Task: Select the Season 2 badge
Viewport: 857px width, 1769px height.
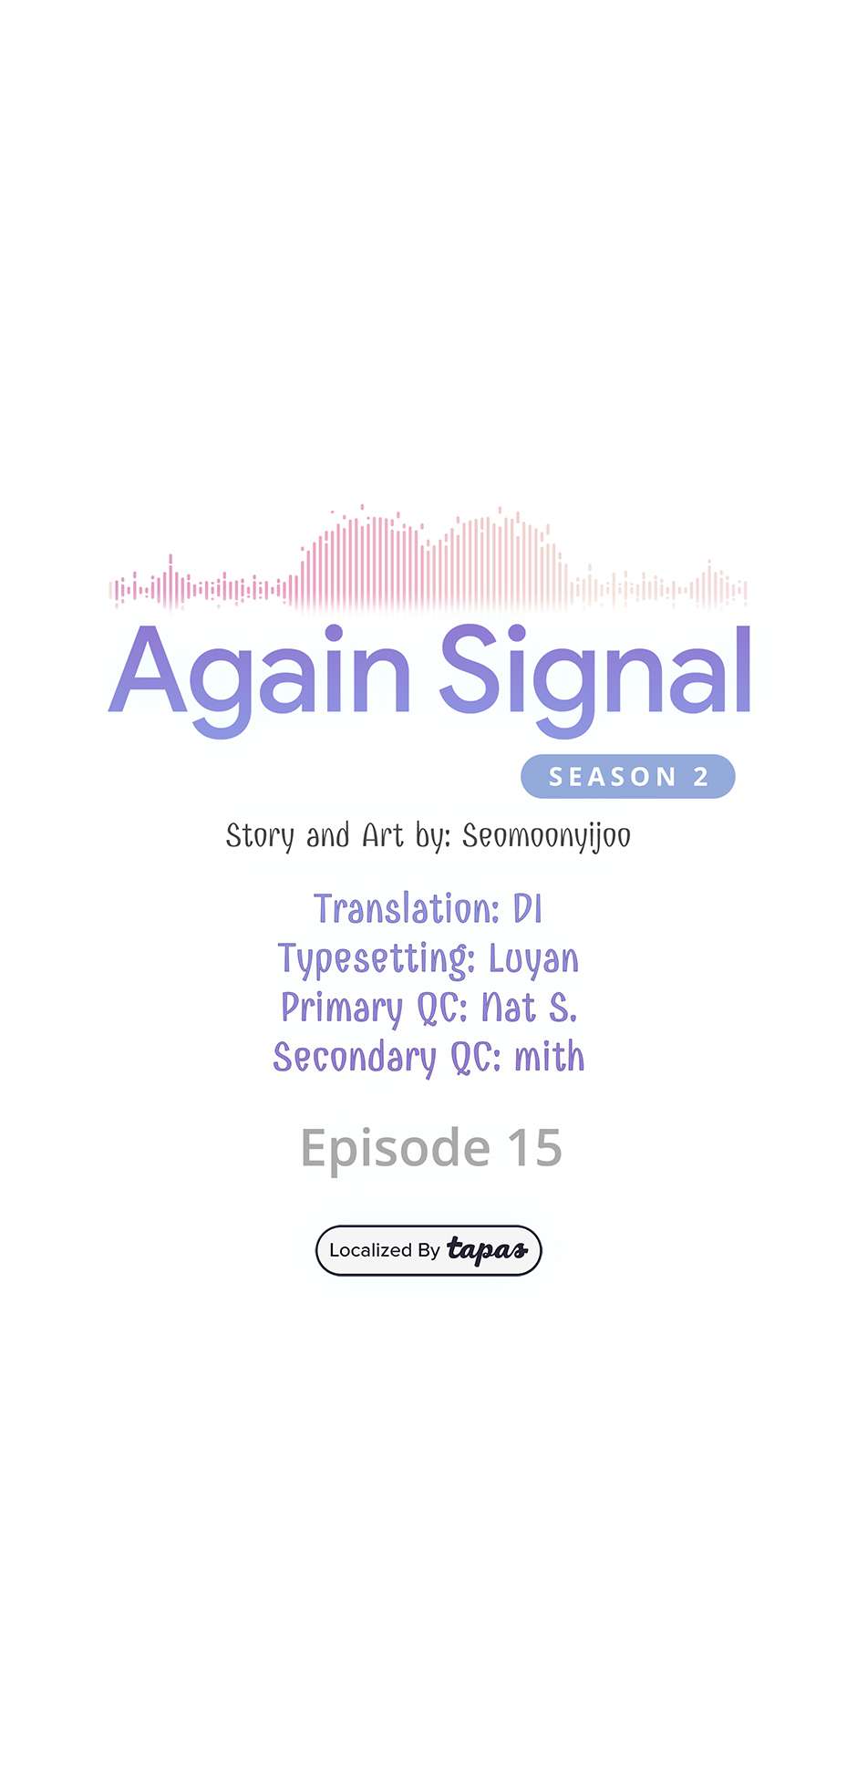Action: click(x=628, y=776)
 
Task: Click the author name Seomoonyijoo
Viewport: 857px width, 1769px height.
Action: click(x=546, y=836)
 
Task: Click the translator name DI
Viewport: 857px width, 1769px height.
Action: click(x=528, y=909)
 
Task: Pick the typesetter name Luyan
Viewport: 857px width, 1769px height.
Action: click(x=533, y=959)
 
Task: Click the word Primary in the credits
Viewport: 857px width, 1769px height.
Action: click(x=342, y=1009)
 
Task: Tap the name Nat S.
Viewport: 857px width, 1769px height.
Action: click(x=529, y=1008)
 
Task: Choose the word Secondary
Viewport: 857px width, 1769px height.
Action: click(x=355, y=1058)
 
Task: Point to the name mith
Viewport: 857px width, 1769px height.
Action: click(x=550, y=1057)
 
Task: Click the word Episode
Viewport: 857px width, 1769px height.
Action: click(x=396, y=1149)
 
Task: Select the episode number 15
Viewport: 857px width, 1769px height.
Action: click(x=534, y=1148)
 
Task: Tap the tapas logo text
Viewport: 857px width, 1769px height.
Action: click(x=487, y=1250)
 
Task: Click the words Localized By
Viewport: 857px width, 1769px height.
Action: click(x=385, y=1250)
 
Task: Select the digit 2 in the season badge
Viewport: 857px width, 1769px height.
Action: click(x=701, y=777)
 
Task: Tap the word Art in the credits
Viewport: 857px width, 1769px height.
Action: click(x=383, y=835)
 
